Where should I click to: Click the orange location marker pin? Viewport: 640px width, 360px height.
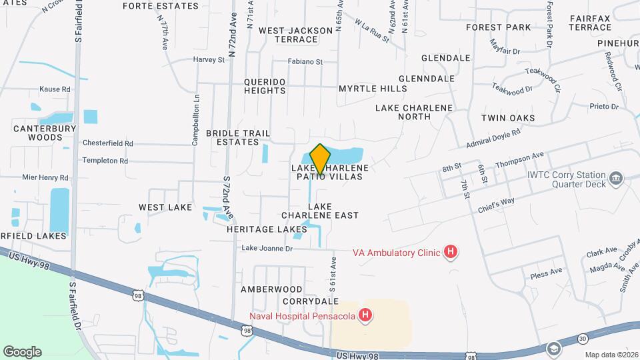pyautogui.click(x=320, y=159)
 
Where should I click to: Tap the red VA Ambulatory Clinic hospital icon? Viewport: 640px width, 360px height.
pyautogui.click(x=451, y=252)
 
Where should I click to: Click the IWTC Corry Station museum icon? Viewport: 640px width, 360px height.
pyautogui.click(x=616, y=178)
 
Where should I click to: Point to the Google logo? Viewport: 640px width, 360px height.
pyautogui.click(x=22, y=351)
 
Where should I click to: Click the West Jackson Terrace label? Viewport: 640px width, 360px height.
pyautogui.click(x=295, y=35)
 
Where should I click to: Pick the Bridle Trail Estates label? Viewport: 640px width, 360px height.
pyautogui.click(x=232, y=137)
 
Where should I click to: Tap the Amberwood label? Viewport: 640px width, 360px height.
pyautogui.click(x=271, y=289)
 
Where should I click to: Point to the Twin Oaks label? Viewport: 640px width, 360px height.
pyautogui.click(x=508, y=118)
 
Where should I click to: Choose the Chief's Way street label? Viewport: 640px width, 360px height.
pyautogui.click(x=496, y=204)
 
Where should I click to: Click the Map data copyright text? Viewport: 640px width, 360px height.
pyautogui.click(x=611, y=354)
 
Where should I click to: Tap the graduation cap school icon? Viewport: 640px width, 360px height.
pyautogui.click(x=553, y=349)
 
